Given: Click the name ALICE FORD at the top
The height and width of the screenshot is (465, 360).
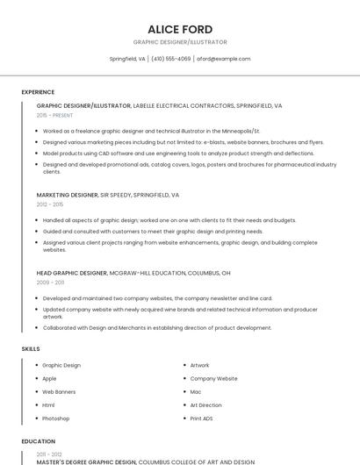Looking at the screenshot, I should [x=180, y=29].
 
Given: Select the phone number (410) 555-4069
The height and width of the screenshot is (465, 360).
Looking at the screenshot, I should [x=170, y=59].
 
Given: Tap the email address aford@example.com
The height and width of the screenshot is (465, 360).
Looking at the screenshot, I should [x=223, y=59].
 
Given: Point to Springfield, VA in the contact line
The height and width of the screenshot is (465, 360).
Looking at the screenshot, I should [x=127, y=59].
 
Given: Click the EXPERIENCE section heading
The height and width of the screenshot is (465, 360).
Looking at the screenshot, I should [x=38, y=92].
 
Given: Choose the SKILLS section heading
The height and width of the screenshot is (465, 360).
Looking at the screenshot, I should [x=31, y=349].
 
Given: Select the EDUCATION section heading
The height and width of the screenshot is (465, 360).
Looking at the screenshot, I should [x=39, y=441].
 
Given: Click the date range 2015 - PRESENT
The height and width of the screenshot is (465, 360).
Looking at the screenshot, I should [x=55, y=115].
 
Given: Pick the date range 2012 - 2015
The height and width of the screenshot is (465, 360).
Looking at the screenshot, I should [x=50, y=204].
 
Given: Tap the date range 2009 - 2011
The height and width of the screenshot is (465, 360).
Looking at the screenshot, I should [x=50, y=283].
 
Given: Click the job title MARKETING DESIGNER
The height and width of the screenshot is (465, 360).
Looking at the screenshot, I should [x=67, y=195].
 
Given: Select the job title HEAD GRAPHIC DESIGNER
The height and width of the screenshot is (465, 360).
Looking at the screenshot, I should [x=71, y=273].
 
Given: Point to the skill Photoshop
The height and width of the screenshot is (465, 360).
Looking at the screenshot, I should [x=56, y=418].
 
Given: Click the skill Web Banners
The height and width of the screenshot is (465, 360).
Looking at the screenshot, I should [x=59, y=391].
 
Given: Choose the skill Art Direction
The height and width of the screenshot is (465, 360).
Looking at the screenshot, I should [x=205, y=405].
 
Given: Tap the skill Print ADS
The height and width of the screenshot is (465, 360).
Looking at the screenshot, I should [x=201, y=418].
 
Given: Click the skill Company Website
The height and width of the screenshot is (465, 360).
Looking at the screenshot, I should [x=213, y=378].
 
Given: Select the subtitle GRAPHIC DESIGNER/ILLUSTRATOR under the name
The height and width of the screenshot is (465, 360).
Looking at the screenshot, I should [x=180, y=42].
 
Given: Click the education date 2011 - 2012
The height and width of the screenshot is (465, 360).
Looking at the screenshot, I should [x=49, y=454].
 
